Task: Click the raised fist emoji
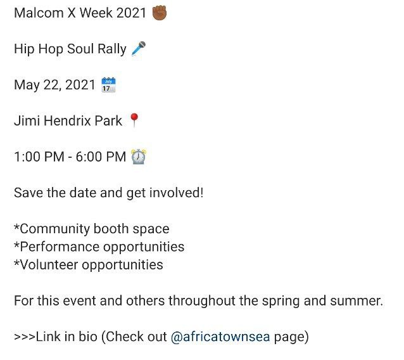160,13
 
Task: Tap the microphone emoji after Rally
138,48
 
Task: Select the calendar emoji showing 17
108,84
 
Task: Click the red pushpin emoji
134,120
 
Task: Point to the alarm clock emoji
139,157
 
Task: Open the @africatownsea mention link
220,337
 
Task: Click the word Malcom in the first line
39,13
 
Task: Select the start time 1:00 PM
39,157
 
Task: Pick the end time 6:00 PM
101,157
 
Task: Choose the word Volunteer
49,265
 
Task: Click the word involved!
177,193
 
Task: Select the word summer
357,301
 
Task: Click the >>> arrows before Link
25,337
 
